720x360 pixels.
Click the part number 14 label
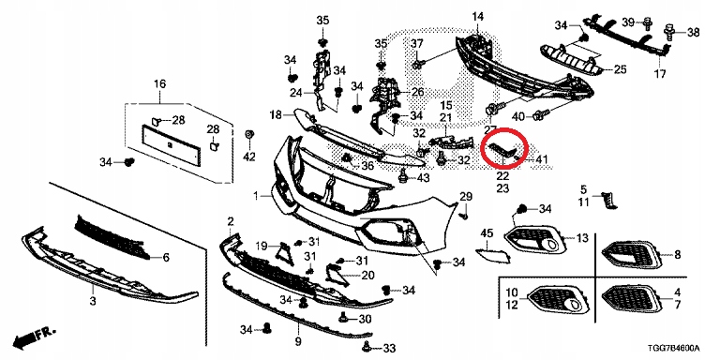(477, 17)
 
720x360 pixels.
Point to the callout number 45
(487, 233)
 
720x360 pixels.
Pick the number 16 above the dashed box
(159, 84)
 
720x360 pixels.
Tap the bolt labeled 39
(648, 22)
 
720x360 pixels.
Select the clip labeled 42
(250, 136)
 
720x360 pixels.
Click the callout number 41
(542, 159)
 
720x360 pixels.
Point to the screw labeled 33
(367, 346)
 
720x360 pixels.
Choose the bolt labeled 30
(342, 317)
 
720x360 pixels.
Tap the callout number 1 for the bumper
(257, 197)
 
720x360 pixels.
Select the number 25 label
(620, 69)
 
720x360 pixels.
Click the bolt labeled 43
(403, 175)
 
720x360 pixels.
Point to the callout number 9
(298, 341)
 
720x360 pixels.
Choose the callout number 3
(93, 301)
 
